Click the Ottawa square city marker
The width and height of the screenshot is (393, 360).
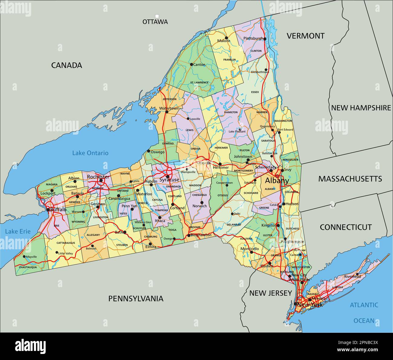tap(157, 16)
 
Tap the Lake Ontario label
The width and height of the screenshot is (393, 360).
tap(90, 153)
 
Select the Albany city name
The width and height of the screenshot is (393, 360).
tap(277, 181)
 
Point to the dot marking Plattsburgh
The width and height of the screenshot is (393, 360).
tap(265, 39)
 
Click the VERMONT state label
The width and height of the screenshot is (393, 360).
tap(305, 36)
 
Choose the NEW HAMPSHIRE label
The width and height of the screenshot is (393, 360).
tap(361, 108)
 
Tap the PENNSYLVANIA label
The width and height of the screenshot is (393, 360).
tap(136, 299)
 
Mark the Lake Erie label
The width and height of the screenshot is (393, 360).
tap(18, 231)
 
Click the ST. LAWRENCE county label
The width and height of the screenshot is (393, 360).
tap(199, 82)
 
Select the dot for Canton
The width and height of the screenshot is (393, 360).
tap(191, 64)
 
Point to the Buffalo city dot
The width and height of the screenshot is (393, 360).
tap(48, 209)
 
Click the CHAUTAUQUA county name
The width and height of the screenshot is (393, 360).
tap(28, 267)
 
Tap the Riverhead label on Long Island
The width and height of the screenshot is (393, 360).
tap(352, 277)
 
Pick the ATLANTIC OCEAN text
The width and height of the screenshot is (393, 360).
tap(364, 313)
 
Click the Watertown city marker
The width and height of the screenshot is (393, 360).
tap(167, 112)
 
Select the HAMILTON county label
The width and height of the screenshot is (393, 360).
tap(231, 112)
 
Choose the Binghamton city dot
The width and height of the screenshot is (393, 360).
tap(189, 235)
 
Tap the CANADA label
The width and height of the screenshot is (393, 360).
tap(67, 65)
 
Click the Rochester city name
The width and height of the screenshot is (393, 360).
tap(98, 177)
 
